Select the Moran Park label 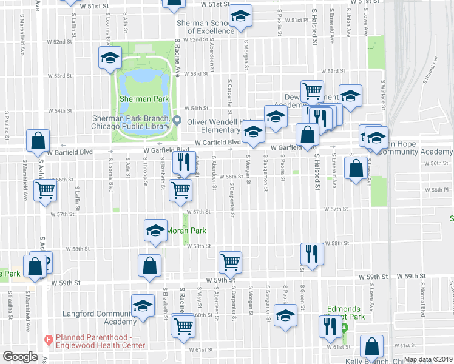tap(191, 231)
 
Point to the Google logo tap(20, 357)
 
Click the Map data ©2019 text tap(428, 359)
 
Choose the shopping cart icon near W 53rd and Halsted tap(313, 91)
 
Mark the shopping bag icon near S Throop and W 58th tap(150, 265)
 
